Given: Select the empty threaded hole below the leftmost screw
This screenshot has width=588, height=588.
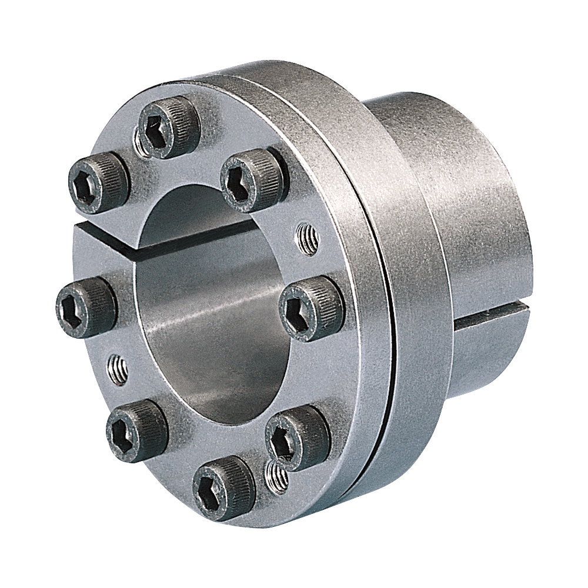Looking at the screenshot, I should click(116, 368).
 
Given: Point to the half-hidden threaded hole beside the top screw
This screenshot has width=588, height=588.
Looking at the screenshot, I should click(139, 141).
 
